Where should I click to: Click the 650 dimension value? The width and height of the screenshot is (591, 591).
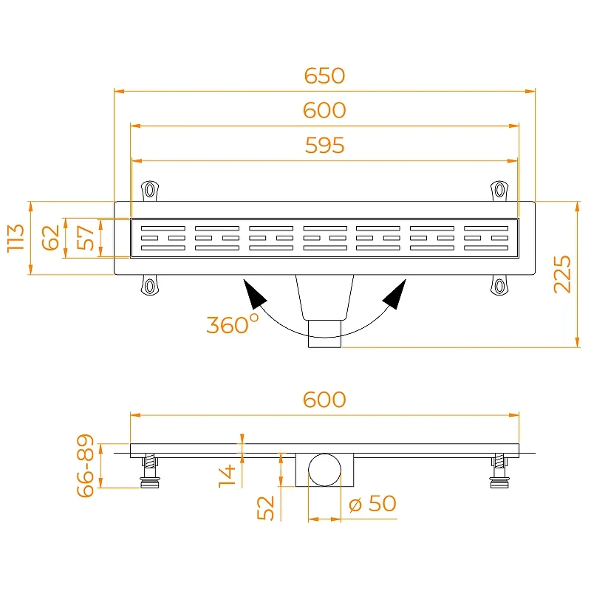coord(324,76)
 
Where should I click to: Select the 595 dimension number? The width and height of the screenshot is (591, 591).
coord(324,146)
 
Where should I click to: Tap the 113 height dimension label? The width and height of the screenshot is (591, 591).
coord(16,237)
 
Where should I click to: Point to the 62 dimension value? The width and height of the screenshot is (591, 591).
coord(50,238)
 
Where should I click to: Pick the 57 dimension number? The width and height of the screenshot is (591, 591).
coord(85,238)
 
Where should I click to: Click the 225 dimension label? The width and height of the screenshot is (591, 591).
coord(562,274)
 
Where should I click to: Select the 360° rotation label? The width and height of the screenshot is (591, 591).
coord(233,324)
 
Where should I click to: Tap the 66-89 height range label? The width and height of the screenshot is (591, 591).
coord(85,465)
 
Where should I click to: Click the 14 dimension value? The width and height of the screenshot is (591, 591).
coord(227,476)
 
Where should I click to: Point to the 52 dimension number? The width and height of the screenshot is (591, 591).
coord(265,508)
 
